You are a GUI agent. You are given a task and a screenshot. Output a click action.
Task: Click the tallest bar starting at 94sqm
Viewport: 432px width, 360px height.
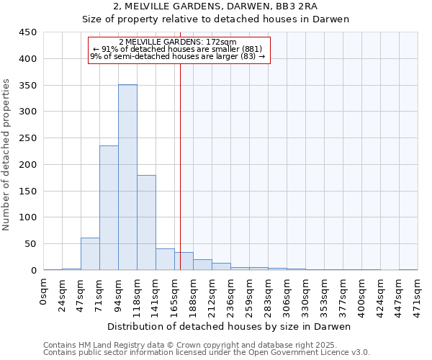(127, 177)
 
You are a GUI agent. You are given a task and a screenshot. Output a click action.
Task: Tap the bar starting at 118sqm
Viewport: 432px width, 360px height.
(146, 222)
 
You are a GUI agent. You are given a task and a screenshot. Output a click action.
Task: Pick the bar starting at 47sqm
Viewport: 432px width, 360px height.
(90, 253)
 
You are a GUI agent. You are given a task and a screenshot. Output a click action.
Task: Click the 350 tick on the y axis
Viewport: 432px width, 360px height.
(28, 86)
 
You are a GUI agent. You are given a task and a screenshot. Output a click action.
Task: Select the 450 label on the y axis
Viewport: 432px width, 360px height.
(28, 32)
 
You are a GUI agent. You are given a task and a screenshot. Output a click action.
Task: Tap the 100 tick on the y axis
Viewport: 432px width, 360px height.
(28, 217)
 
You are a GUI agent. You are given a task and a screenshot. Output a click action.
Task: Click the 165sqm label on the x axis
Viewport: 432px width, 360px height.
(175, 294)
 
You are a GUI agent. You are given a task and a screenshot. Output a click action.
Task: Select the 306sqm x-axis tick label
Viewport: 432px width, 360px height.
(287, 294)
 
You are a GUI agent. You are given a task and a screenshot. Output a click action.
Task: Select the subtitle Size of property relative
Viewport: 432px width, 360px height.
(215, 19)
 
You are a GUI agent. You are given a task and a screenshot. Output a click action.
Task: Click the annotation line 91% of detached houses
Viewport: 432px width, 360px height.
(178, 49)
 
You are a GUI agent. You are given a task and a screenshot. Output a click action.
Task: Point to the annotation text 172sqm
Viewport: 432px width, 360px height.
(178, 42)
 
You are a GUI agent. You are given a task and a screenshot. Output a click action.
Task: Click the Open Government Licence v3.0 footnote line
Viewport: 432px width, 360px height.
(207, 353)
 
